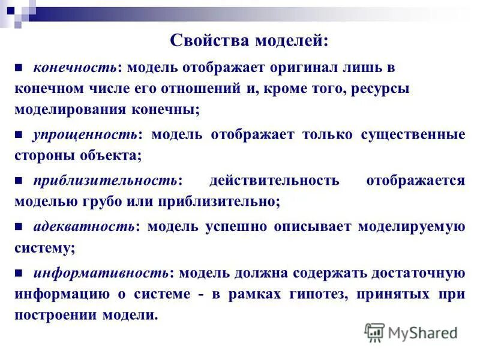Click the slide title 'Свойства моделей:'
(x=249, y=41)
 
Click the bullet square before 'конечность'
(x=19, y=68)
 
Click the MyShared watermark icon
(x=374, y=332)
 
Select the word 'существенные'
(x=413, y=134)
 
